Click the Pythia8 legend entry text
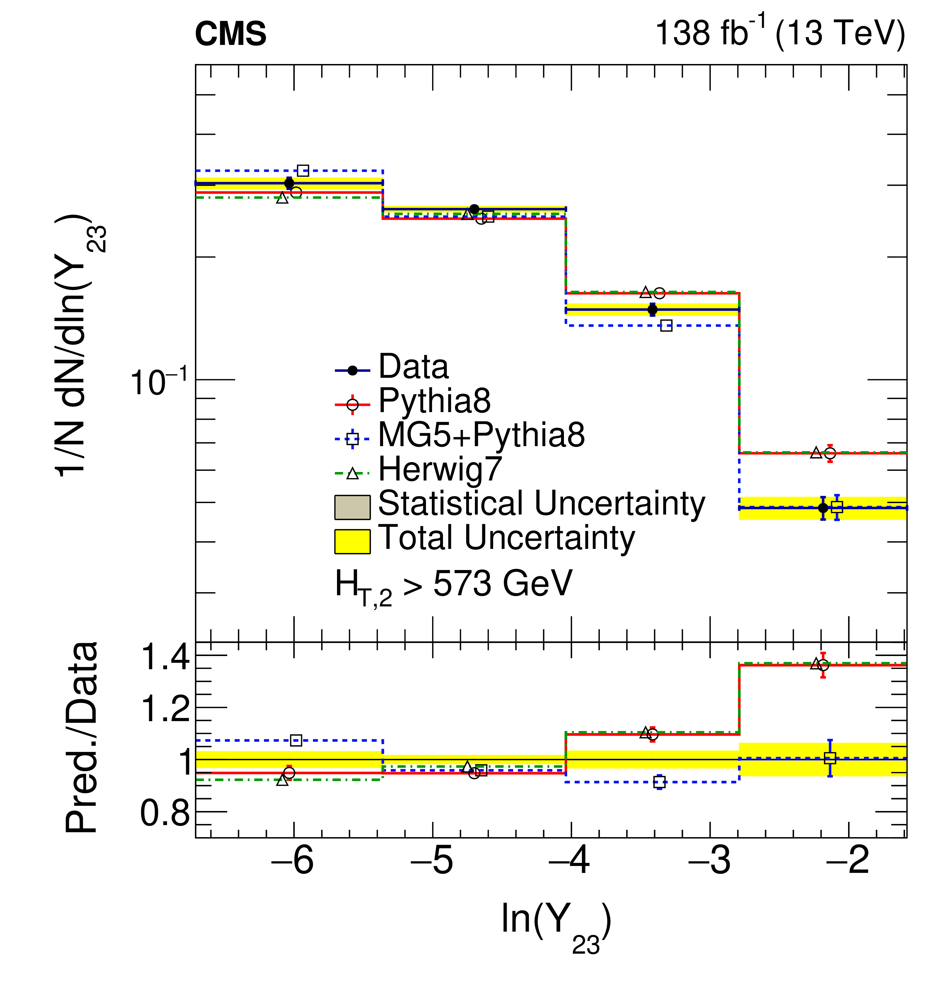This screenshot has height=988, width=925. point(434,401)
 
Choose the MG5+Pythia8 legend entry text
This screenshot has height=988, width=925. point(481,435)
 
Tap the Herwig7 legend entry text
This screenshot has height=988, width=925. point(440,469)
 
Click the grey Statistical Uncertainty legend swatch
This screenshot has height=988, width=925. point(352,507)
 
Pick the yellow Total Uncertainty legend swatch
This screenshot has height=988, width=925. point(352,541)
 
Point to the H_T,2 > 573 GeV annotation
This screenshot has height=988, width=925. point(453,586)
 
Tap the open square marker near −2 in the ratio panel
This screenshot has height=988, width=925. point(830,758)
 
